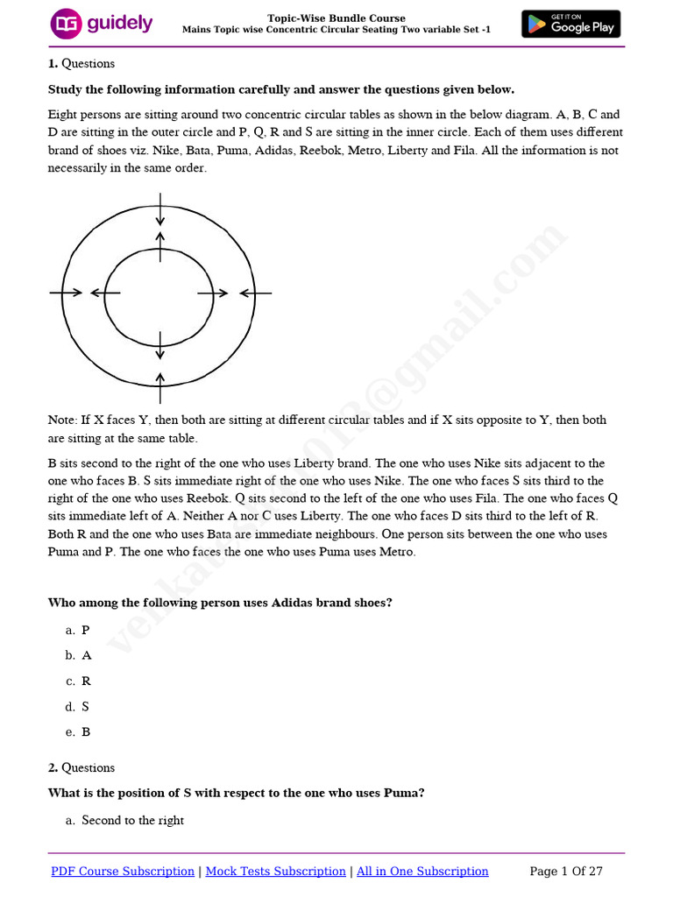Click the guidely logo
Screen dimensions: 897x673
pyautogui.click(x=102, y=24)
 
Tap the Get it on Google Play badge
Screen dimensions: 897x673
pyautogui.click(x=570, y=24)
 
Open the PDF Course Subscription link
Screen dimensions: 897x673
pyautogui.click(x=123, y=871)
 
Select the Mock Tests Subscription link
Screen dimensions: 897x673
pyautogui.click(x=275, y=871)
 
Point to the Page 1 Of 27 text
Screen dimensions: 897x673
pyautogui.click(x=566, y=871)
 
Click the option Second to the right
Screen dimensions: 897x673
pyautogui.click(x=132, y=820)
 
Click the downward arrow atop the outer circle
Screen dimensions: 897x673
pyautogui.click(x=159, y=208)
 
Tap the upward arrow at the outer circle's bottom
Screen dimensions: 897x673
pyautogui.click(x=159, y=387)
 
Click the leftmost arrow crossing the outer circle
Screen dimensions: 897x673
pyautogui.click(x=67, y=293)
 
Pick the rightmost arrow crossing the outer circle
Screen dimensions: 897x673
pyautogui.click(x=255, y=293)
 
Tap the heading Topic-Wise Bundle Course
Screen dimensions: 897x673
pyautogui.click(x=336, y=18)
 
